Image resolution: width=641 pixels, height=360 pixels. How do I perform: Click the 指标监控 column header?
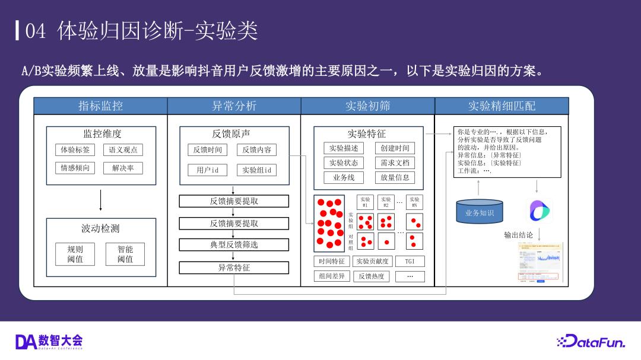pos(100,106)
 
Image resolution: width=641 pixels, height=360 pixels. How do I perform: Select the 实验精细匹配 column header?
pos(502,106)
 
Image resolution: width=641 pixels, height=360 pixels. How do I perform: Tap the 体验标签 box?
pos(75,150)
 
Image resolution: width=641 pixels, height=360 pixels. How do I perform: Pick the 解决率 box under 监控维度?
pos(123,168)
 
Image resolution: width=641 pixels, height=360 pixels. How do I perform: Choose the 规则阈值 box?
pos(75,254)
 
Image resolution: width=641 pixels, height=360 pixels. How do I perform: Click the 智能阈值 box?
pos(125,254)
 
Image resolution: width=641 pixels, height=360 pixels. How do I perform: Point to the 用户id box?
pos(208,170)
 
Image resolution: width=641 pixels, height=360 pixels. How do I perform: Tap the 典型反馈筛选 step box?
pos(234,244)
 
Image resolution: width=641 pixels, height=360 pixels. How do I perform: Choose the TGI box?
pos(410,261)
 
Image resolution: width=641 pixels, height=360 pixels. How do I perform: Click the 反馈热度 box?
pos(372,276)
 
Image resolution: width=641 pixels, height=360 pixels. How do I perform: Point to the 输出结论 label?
pos(518,235)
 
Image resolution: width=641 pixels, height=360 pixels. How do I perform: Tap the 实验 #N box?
pos(414,202)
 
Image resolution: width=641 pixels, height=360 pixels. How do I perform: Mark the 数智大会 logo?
pos(49,342)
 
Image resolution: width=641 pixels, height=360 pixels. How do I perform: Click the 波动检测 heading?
pos(100,228)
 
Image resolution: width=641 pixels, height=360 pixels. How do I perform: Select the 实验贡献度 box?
pos(372,261)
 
